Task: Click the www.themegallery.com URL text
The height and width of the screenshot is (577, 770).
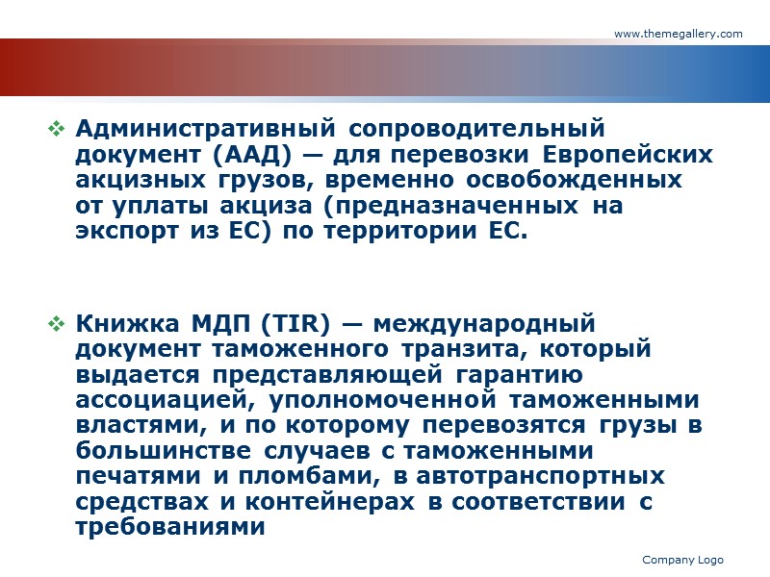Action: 678,34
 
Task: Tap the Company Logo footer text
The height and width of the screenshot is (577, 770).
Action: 682,560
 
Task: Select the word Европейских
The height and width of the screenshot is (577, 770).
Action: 629,154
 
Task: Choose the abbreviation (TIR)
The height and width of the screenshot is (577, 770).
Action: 265,323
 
